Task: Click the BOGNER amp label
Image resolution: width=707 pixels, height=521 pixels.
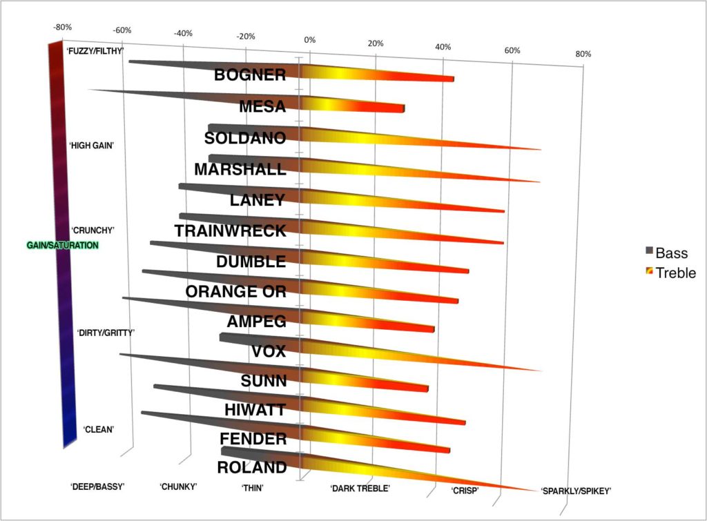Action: pos(250,75)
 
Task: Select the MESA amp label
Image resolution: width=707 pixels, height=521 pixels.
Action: pos(262,106)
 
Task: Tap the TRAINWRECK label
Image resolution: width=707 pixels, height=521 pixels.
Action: pos(230,230)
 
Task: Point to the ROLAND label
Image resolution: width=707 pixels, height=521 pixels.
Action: pos(251,468)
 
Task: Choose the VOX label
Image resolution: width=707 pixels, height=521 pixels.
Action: pos(269,351)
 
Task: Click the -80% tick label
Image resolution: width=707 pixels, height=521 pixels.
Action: pos(62,27)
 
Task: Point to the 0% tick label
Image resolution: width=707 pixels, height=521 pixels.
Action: pos(310,40)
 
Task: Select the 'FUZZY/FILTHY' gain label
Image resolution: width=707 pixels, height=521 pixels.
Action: pos(95,51)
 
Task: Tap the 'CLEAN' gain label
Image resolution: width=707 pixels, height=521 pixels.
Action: pos(99,429)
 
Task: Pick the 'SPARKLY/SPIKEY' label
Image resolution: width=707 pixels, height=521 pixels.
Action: pos(576,491)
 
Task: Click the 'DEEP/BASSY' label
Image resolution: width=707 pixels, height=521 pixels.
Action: pos(97,486)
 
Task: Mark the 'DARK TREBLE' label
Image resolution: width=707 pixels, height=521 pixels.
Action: pos(360,489)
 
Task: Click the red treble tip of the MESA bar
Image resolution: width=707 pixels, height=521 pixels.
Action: pos(400,109)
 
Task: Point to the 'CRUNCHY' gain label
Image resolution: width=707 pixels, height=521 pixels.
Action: pos(92,230)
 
